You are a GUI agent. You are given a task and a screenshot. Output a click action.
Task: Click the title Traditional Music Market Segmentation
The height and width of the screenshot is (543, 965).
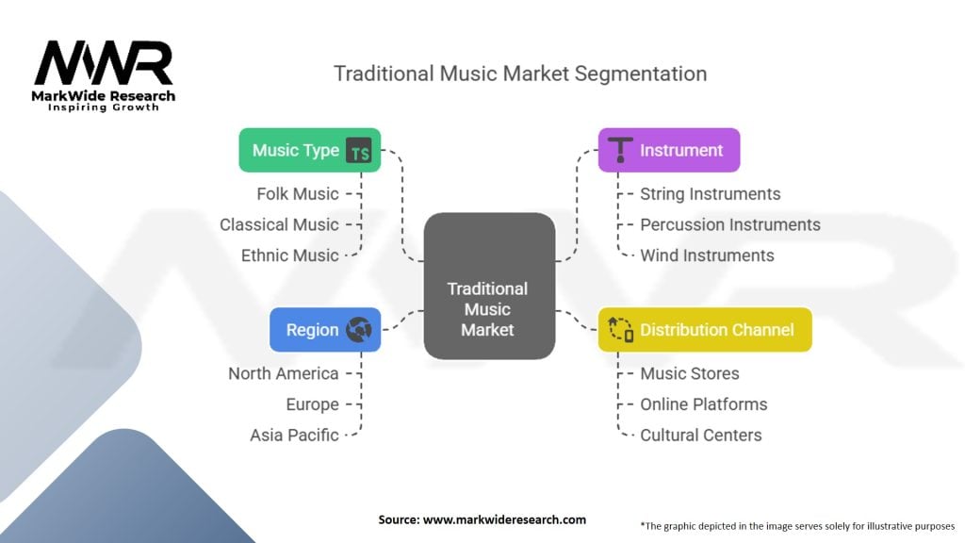pyautogui.click(x=520, y=73)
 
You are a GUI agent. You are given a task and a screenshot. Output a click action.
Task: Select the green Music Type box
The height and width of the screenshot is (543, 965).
pyautogui.click(x=309, y=150)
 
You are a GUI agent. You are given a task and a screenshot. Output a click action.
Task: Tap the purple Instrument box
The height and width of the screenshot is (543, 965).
pyautogui.click(x=669, y=150)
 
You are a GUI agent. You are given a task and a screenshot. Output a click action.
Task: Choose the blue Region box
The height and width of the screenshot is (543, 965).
pyautogui.click(x=325, y=330)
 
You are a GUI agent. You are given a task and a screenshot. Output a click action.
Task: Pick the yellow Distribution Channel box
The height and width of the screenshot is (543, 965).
pyautogui.click(x=705, y=330)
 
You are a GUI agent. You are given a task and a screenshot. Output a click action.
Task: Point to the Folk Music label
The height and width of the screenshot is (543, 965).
pyautogui.click(x=297, y=193)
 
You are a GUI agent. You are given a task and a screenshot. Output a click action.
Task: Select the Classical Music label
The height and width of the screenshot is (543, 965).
pyautogui.click(x=279, y=224)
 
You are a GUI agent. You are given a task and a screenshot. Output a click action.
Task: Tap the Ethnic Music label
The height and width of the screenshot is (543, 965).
pyautogui.click(x=289, y=255)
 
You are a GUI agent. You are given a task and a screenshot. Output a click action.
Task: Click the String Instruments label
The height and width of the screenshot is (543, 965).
pyautogui.click(x=710, y=193)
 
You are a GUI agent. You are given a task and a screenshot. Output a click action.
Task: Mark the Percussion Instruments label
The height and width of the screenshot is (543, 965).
pyautogui.click(x=729, y=224)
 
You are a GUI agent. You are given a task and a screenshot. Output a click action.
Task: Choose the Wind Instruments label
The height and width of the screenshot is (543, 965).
pyautogui.click(x=707, y=255)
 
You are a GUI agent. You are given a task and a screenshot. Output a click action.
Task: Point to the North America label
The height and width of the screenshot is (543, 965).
pyautogui.click(x=283, y=373)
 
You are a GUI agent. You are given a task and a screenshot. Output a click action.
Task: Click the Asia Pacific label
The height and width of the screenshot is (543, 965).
pyautogui.click(x=294, y=435)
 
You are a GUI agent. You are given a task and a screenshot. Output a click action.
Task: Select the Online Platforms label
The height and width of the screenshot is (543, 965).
pyautogui.click(x=703, y=403)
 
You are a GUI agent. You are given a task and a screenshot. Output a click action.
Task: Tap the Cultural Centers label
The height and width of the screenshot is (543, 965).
pyautogui.click(x=700, y=435)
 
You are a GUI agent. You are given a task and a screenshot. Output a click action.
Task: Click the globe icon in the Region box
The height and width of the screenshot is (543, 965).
pyautogui.click(x=359, y=330)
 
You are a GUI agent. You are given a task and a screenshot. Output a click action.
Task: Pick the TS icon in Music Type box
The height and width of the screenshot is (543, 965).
pyautogui.click(x=359, y=150)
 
